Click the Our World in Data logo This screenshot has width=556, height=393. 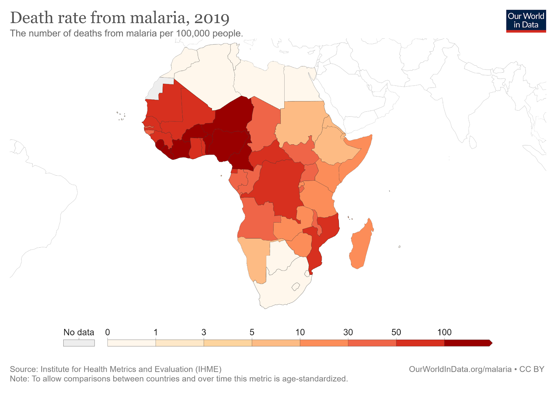[526, 21]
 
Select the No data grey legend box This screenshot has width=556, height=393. [79, 343]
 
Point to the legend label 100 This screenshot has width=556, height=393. [444, 332]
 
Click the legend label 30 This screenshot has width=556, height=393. [348, 332]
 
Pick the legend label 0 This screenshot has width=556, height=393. [108, 332]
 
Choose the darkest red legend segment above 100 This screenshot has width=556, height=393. [467, 343]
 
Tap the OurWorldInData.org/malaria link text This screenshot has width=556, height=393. [460, 369]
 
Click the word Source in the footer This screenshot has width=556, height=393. [23, 369]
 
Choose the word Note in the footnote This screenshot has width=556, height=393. [19, 379]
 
